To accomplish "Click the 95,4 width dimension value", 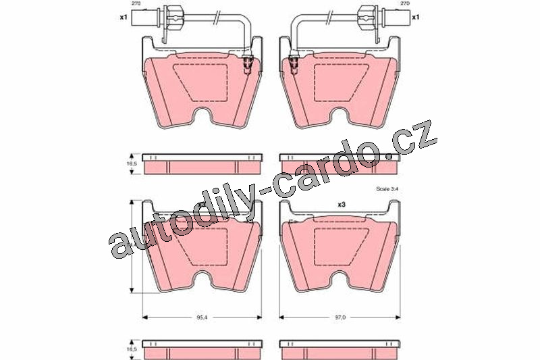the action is (x=202, y=317).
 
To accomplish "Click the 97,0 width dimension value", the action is (x=340, y=317).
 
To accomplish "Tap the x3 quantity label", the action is (x=342, y=205).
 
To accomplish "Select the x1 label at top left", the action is (x=124, y=17).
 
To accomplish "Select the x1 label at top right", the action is (x=416, y=17).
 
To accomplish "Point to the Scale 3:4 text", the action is (x=387, y=189).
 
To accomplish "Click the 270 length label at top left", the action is (x=136, y=3).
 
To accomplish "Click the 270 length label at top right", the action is (x=404, y=3).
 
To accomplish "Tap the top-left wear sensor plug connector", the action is (x=148, y=17).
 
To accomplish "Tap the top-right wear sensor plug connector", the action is (x=391, y=17).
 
